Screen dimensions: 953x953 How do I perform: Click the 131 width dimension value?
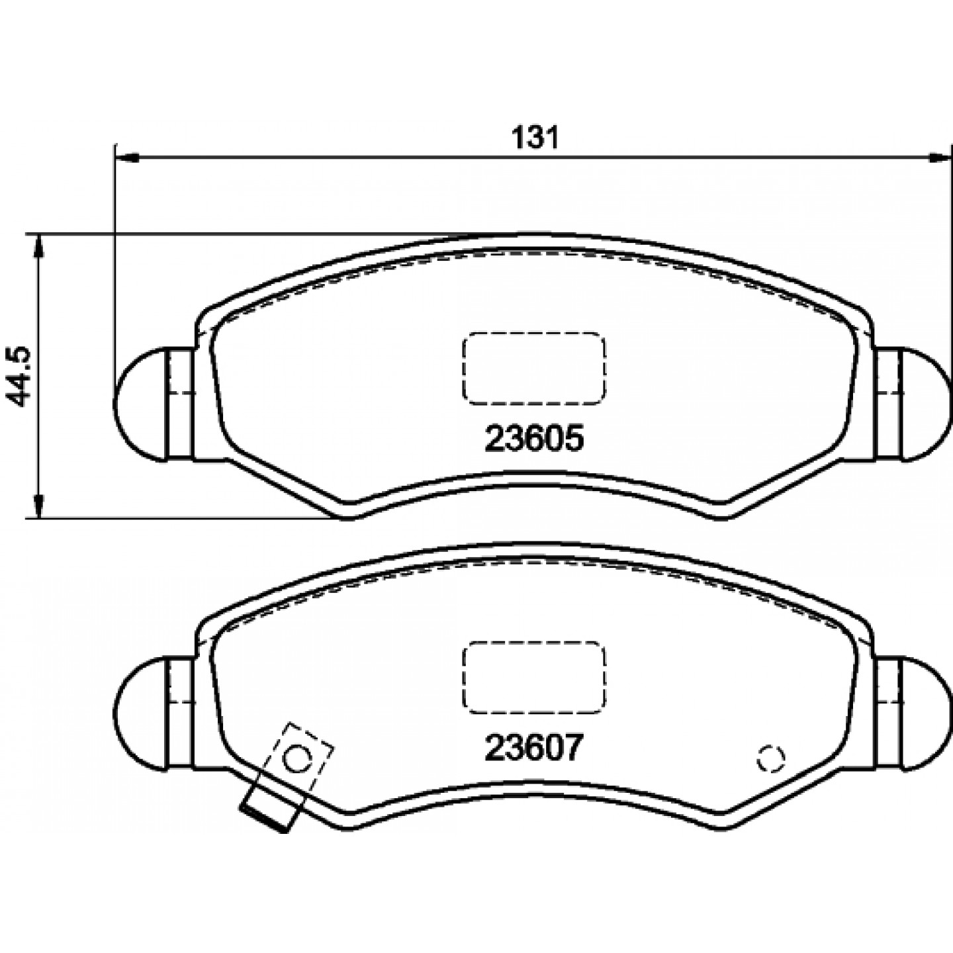[x=535, y=138]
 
